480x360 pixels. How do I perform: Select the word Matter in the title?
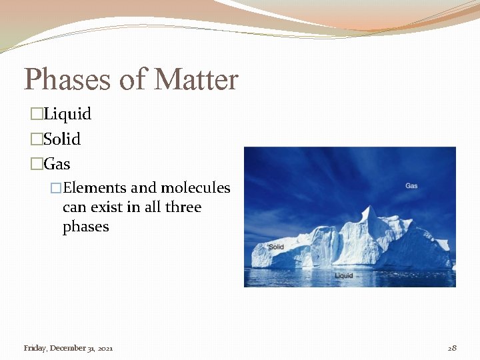tap(196, 81)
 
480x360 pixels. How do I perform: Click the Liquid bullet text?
tap(67, 114)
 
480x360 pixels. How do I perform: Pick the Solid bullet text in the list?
tap(62, 139)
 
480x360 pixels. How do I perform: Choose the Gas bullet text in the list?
tap(57, 164)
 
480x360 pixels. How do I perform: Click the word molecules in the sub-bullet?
tap(195, 188)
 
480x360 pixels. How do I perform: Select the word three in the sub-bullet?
tap(183, 207)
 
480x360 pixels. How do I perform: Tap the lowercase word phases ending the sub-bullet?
tap(85, 227)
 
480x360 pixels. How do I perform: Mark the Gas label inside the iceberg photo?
tap(411, 185)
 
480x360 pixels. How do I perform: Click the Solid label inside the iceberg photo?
tap(276, 247)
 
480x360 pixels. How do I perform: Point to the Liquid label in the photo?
tap(344, 275)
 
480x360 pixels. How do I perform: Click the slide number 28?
tap(452, 348)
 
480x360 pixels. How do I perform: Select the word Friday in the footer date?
tap(35, 348)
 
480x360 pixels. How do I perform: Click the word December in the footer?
tap(67, 348)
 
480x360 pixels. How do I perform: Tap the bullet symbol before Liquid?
tap(36, 115)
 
